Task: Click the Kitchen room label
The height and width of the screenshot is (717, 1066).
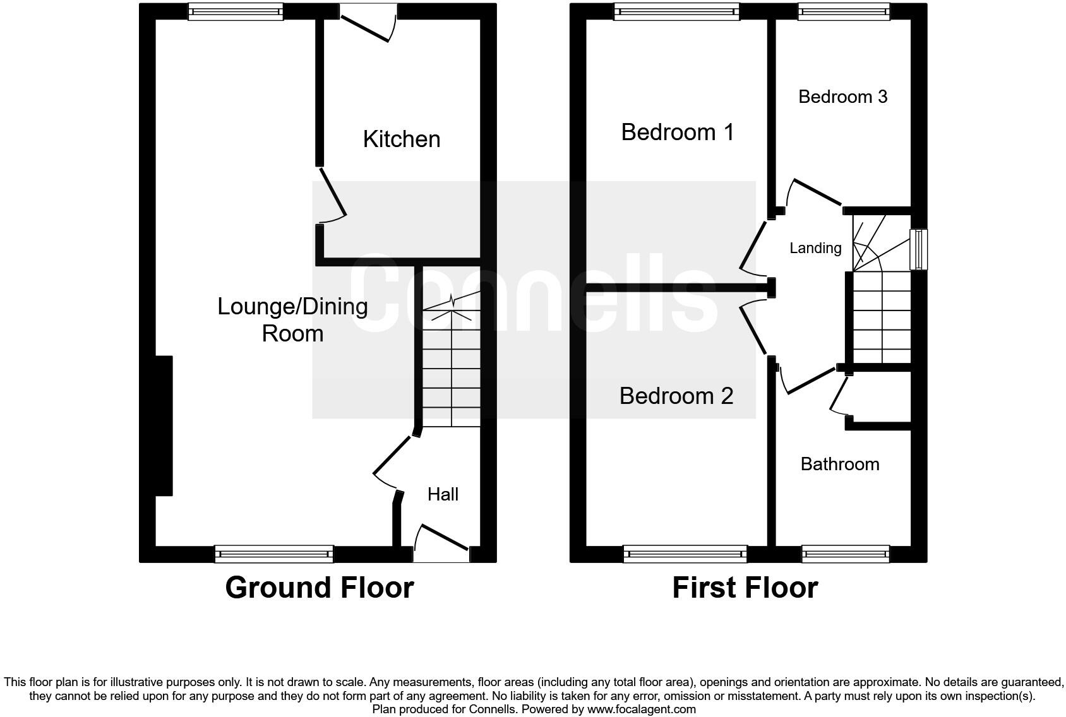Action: tap(401, 139)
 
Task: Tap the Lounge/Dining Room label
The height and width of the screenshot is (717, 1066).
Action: tap(292, 319)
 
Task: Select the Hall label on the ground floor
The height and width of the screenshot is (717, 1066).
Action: tap(443, 494)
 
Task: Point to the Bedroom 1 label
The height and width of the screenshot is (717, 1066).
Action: tap(677, 132)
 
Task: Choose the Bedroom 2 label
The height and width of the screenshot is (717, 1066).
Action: tap(676, 396)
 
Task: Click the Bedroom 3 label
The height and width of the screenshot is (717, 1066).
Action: tap(842, 97)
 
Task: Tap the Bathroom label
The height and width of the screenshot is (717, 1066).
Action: tap(839, 464)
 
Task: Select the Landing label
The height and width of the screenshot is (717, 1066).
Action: tap(815, 248)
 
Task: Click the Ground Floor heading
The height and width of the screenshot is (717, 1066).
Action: tap(319, 588)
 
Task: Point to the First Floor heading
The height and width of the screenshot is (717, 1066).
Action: tap(745, 588)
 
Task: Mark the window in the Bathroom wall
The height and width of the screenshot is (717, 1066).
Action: tap(846, 555)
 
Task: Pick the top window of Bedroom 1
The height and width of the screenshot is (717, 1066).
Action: tap(677, 11)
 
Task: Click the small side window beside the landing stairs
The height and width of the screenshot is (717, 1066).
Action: tap(918, 249)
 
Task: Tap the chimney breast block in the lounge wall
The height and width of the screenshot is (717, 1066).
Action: tap(164, 426)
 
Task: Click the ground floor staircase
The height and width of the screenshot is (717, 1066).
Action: tap(451, 366)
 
